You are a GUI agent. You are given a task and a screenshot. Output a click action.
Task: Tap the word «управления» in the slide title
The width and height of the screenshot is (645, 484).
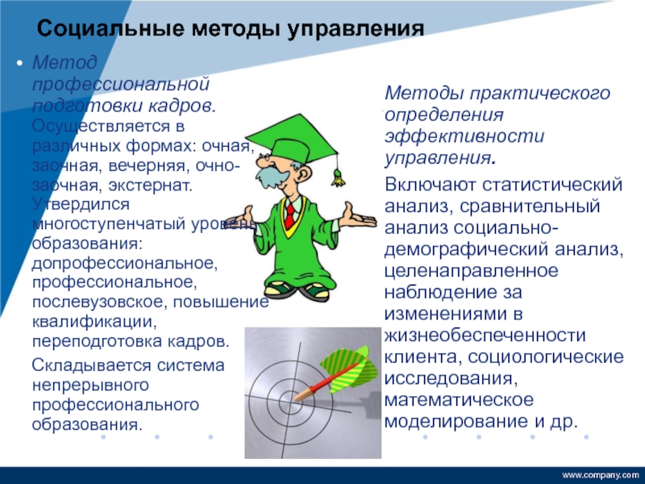pos(355,30)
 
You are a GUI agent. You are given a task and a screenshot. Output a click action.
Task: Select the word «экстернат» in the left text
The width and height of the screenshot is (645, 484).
pos(150,186)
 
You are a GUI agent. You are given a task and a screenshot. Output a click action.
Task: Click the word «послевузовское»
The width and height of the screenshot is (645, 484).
pos(98,302)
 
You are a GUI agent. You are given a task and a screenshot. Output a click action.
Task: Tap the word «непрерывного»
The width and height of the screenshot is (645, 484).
pos(90,386)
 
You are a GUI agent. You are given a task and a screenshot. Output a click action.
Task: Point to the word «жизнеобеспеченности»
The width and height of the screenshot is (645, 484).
pos(485,336)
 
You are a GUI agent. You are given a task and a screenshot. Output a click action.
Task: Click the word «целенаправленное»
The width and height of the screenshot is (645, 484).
pos(472,272)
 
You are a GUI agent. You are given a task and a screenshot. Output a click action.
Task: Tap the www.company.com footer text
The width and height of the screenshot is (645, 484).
pos(600,475)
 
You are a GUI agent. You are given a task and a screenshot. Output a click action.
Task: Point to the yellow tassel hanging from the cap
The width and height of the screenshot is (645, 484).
pos(338,177)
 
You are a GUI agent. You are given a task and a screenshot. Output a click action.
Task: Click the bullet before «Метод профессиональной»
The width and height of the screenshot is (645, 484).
pos(19,64)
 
